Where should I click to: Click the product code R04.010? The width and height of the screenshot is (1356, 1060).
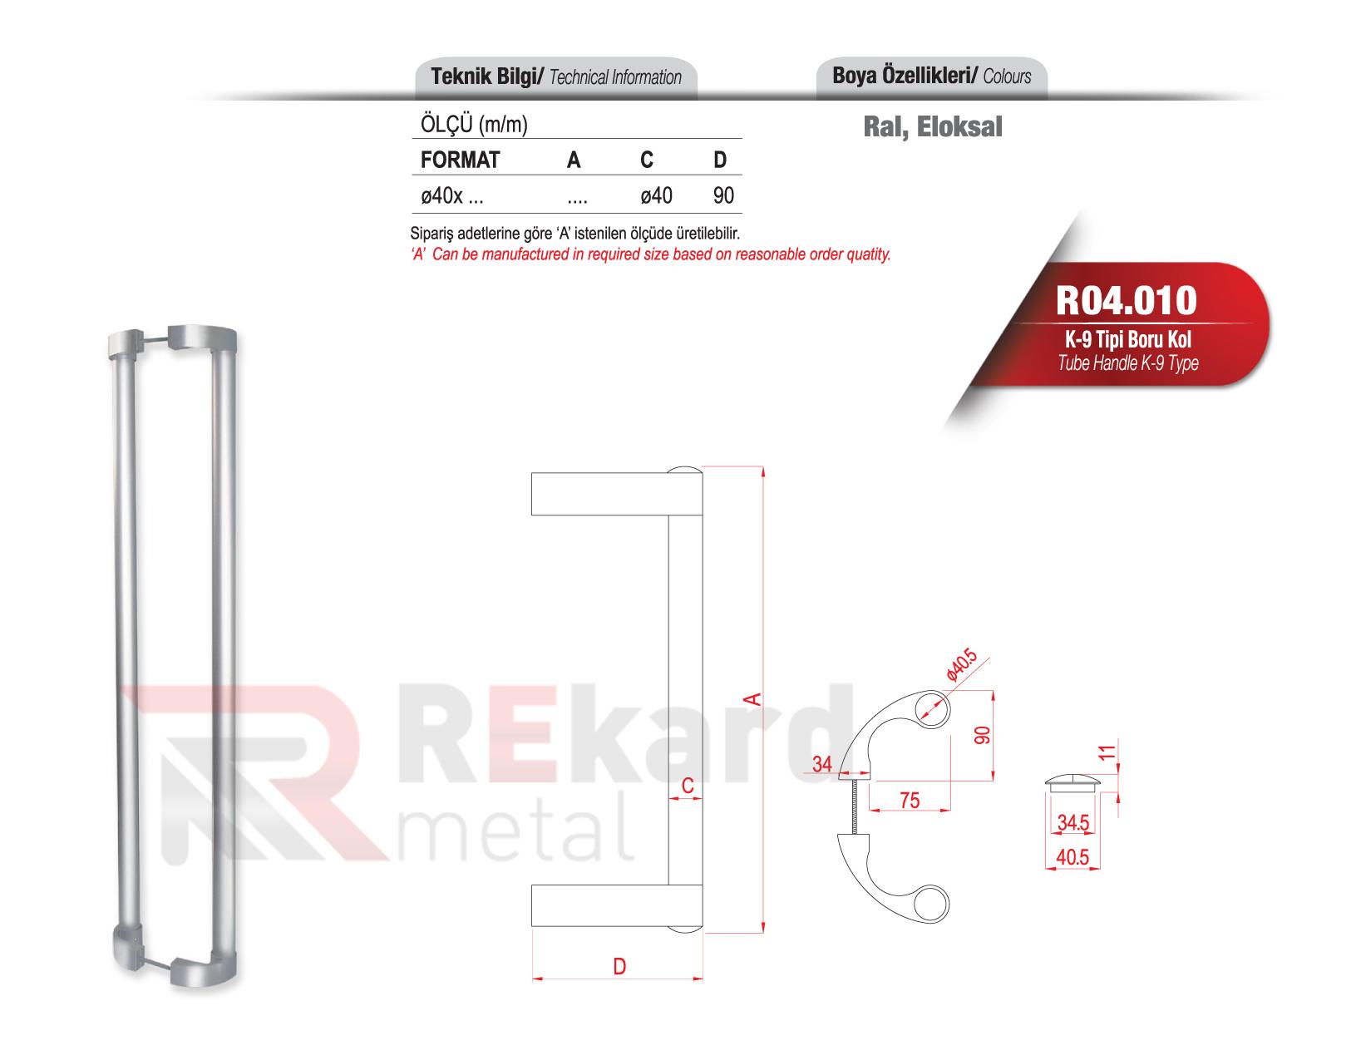pyautogui.click(x=1126, y=301)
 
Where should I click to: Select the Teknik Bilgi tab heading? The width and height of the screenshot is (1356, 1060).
pyautogui.click(x=555, y=78)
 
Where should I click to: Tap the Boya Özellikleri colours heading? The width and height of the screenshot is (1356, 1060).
pyautogui.click(x=931, y=76)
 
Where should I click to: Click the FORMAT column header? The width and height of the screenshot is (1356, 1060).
pyautogui.click(x=460, y=160)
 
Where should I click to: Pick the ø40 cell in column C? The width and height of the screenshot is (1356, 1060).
pyautogui.click(x=656, y=197)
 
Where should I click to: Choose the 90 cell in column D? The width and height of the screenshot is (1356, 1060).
pyautogui.click(x=723, y=197)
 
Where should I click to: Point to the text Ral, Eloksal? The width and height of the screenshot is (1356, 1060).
pyautogui.click(x=932, y=126)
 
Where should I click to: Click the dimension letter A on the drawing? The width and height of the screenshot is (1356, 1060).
pyautogui.click(x=752, y=698)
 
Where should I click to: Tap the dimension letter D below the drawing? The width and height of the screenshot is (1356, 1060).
pyautogui.click(x=619, y=966)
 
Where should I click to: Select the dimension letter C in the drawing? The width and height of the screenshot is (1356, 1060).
pyautogui.click(x=687, y=786)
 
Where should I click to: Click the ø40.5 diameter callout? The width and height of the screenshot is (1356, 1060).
pyautogui.click(x=962, y=667)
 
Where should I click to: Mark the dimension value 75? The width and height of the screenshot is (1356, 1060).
pyautogui.click(x=910, y=800)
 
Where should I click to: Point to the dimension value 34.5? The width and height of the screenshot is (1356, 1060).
pyautogui.click(x=1072, y=824)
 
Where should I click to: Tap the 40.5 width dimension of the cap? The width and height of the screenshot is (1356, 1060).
pyautogui.click(x=1072, y=857)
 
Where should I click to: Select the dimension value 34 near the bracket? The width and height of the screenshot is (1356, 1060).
pyautogui.click(x=822, y=764)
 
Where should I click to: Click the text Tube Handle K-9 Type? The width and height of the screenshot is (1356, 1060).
pyautogui.click(x=1127, y=363)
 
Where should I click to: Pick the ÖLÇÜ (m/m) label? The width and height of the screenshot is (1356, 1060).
pyautogui.click(x=470, y=126)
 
